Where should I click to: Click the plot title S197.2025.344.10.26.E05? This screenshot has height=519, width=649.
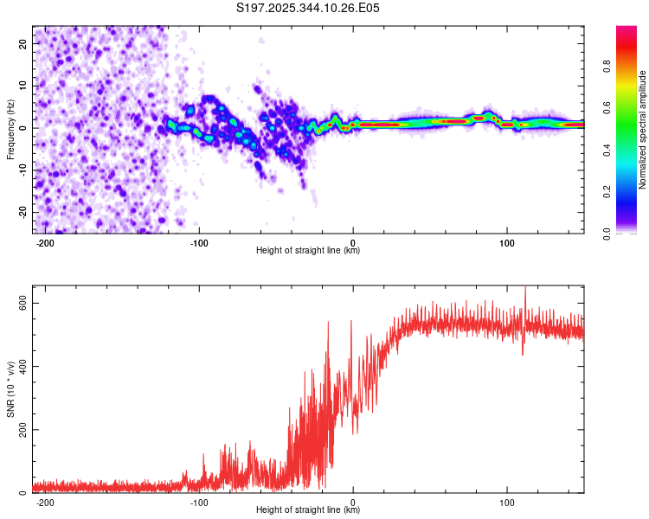309,8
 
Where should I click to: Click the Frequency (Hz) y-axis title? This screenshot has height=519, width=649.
10,130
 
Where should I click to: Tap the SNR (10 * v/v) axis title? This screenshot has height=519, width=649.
10,389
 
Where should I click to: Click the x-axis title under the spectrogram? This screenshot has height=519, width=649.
308,251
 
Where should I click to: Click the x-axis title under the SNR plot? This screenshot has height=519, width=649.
308,510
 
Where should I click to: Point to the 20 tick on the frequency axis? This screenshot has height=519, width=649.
22,43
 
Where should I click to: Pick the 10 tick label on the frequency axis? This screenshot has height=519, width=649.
22,86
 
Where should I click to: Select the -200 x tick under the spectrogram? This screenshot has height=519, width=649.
45,242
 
